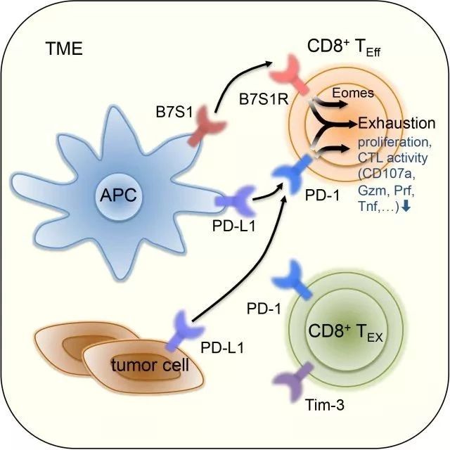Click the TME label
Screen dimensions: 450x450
pos(64,49)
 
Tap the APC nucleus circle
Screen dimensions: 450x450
pos(118,195)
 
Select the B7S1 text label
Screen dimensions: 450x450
pos(174,112)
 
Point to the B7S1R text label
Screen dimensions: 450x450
pos(264,100)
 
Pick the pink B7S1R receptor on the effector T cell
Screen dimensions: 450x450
pos(289,74)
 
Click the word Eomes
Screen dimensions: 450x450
pos(353,93)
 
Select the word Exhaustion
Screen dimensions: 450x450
pos(397,123)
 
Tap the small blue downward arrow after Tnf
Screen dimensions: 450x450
pos(406,206)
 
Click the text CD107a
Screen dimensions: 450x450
pos(387,174)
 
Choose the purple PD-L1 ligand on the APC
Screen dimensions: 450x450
pos(236,201)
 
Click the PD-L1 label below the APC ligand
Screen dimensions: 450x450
pos(233,226)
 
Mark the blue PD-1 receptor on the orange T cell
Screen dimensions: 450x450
pos(292,173)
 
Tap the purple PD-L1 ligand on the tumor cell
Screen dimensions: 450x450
pos(184,330)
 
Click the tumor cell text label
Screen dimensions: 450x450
pos(150,365)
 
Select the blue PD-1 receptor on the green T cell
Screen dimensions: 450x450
pos(292,280)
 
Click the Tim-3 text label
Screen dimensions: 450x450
pos(325,406)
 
